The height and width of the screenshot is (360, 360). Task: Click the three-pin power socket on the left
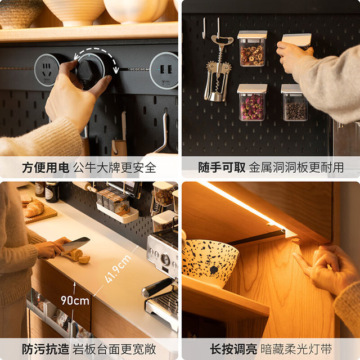click(47, 70)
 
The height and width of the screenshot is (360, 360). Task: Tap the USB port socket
click(164, 70)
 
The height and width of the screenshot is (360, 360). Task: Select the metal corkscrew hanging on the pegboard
click(218, 68)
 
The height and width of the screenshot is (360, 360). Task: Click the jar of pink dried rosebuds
click(252, 102)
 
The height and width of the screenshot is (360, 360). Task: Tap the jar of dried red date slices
click(253, 49)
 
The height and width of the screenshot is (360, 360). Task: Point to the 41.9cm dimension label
click(118, 269)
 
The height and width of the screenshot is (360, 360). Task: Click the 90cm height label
click(75, 300)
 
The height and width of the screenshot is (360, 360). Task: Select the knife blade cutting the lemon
click(75, 245)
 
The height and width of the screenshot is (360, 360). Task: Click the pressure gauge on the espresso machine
click(165, 259)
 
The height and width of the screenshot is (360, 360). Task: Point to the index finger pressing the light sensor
click(303, 263)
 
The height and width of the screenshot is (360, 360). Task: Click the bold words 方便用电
click(46, 168)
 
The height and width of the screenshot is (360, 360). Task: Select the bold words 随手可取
click(222, 168)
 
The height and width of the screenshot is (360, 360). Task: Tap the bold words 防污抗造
click(46, 349)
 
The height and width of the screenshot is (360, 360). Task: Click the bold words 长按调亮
click(233, 349)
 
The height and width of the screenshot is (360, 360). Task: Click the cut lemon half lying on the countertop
click(84, 260)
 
